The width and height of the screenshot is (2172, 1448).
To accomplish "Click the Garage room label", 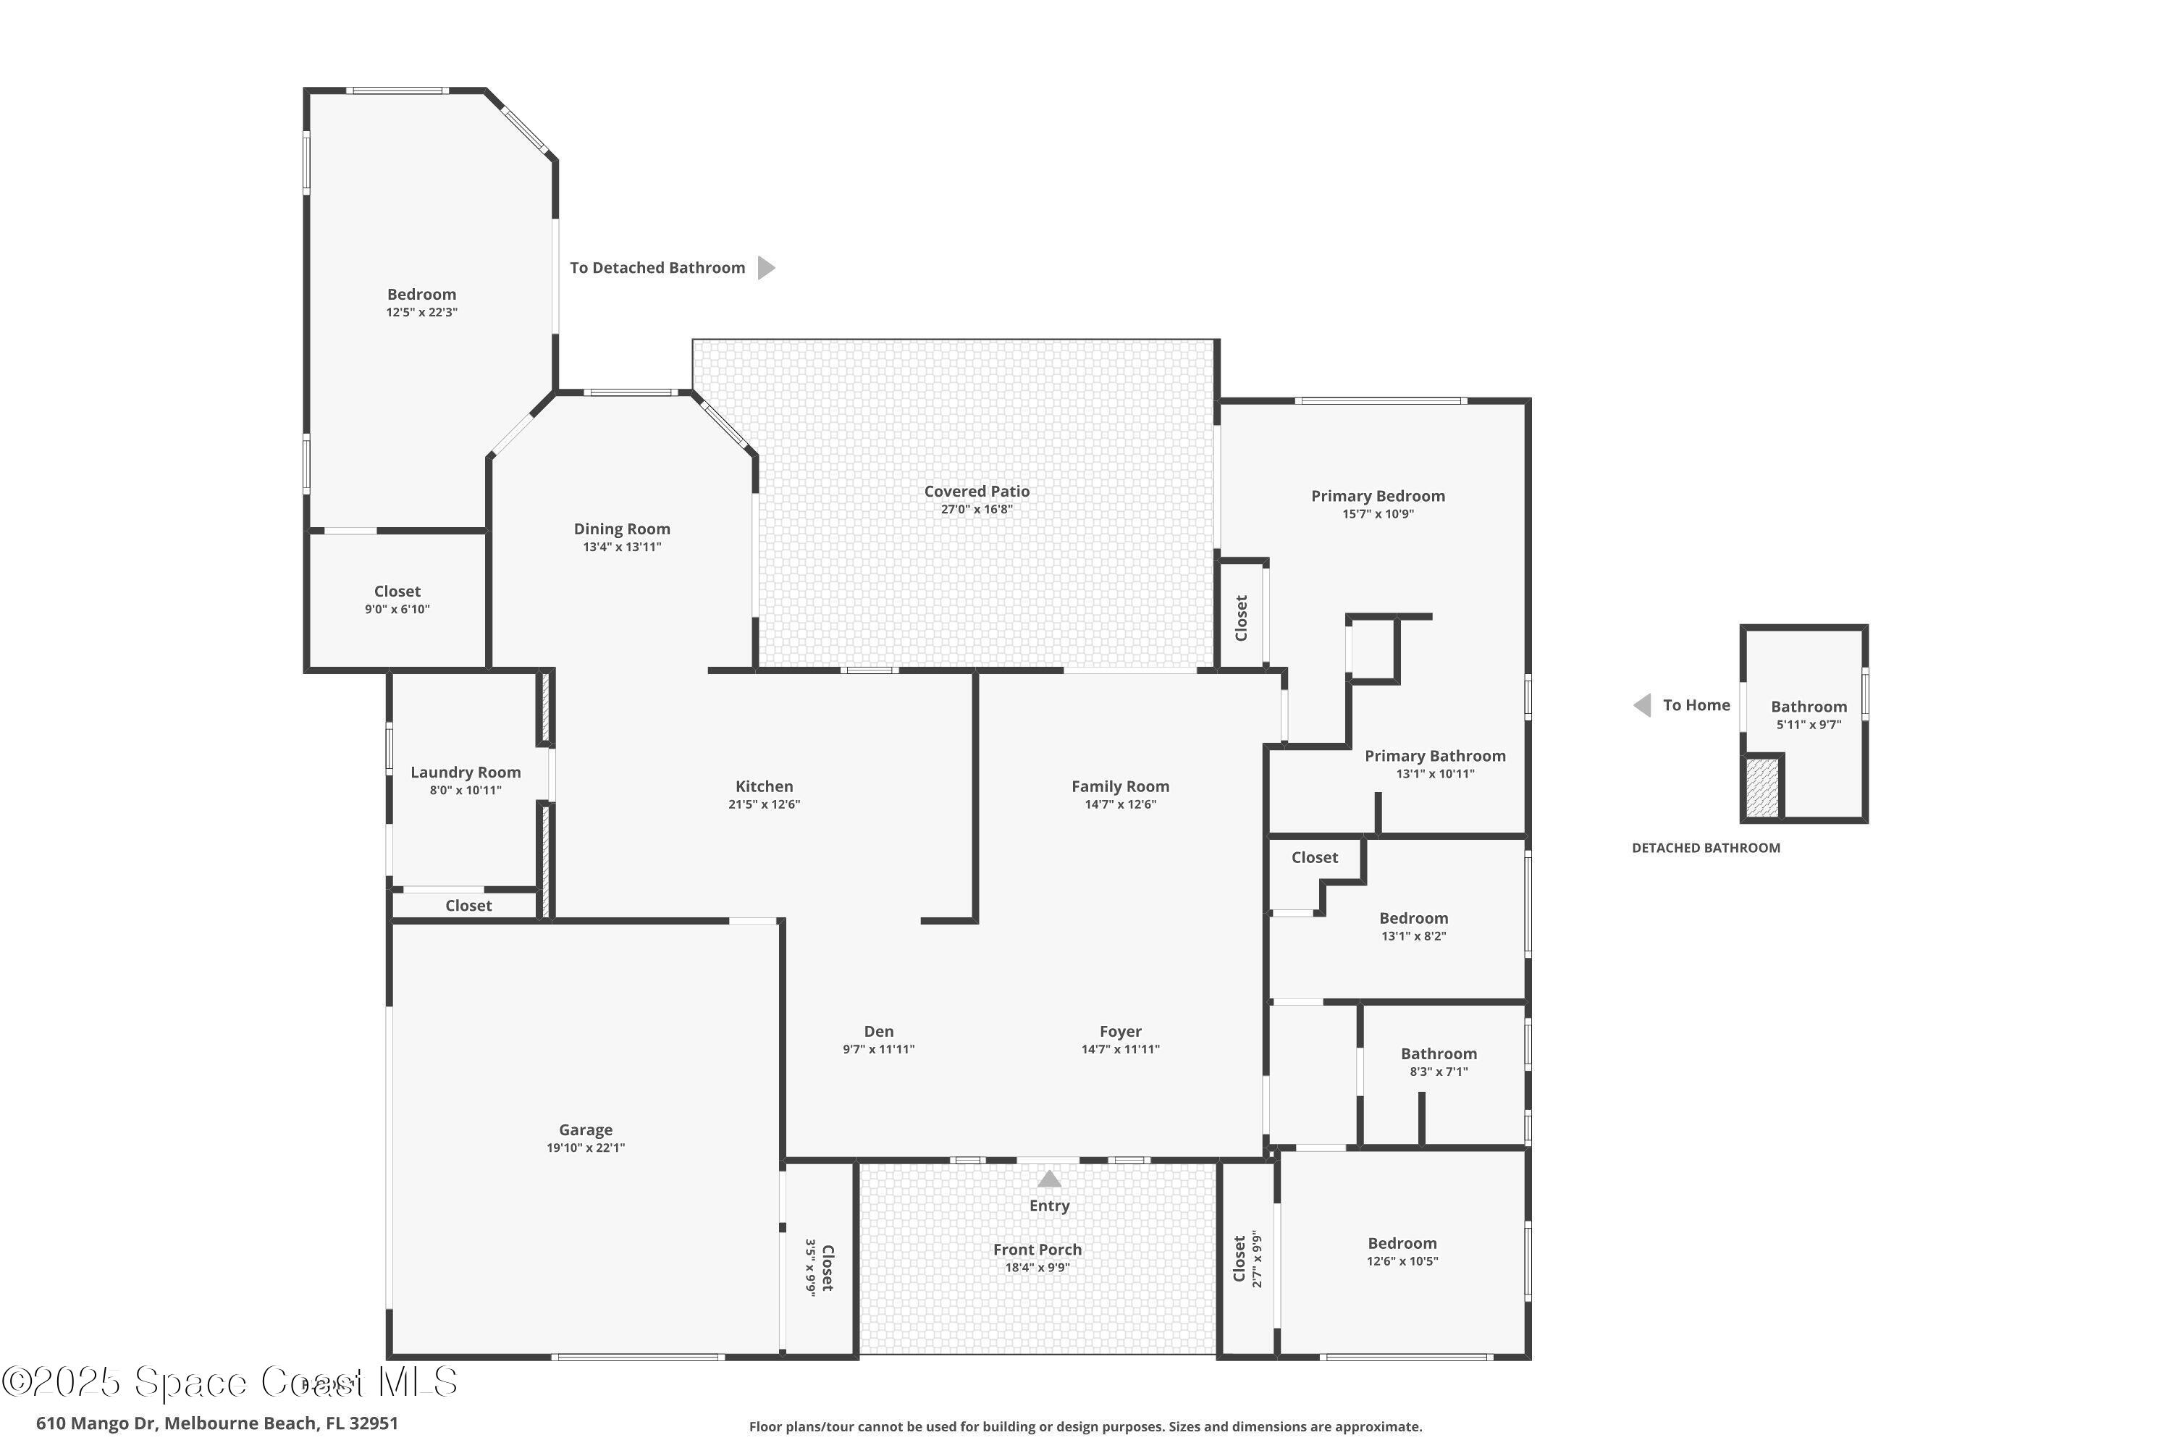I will tap(586, 1129).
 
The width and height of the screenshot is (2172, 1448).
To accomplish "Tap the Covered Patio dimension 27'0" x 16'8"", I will tap(976, 509).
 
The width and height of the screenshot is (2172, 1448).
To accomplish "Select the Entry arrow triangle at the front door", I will tap(1049, 1179).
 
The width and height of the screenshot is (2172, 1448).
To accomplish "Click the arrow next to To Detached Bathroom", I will tap(765, 268).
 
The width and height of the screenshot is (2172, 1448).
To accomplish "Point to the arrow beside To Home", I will tap(1642, 705).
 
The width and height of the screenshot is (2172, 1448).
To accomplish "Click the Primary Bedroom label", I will tap(1377, 496).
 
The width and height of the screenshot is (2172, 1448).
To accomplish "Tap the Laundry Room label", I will tap(466, 772).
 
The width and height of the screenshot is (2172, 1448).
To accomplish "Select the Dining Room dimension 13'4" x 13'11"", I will tap(621, 547).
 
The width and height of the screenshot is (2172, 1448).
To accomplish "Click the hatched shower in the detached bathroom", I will tap(1762, 787).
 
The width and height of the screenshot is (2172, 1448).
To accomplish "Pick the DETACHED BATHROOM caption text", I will tap(1705, 848).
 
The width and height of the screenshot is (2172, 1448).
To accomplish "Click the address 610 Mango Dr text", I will tap(217, 1423).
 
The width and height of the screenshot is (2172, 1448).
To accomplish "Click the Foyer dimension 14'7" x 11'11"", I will tap(1120, 1049).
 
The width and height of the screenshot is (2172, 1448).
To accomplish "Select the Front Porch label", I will tap(1037, 1250).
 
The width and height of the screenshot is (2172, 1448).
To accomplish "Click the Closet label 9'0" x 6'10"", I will tap(397, 591).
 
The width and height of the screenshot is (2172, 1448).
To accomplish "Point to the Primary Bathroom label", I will tap(1434, 755).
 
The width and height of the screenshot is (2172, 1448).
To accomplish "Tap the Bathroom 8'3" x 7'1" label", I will tap(1438, 1053).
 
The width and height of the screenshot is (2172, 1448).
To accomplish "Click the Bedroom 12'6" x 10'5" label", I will tap(1402, 1243).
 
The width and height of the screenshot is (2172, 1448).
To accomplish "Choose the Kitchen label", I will tap(764, 786).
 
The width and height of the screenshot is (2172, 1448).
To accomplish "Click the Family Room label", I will tap(1119, 786).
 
